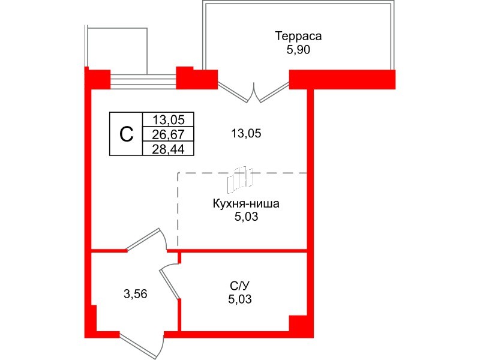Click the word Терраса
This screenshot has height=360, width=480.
click(298, 36)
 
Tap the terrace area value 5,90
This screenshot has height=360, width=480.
click(298, 50)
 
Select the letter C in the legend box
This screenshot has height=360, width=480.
click(126, 134)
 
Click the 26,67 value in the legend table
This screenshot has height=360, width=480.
click(169, 134)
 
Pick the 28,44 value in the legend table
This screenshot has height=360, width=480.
click(169, 149)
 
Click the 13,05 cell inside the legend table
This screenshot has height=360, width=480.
click(169, 119)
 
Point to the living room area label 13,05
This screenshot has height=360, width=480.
click(246, 133)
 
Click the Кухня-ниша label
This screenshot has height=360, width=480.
click(246, 204)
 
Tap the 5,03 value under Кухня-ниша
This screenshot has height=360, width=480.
click(246, 217)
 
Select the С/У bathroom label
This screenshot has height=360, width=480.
click(240, 286)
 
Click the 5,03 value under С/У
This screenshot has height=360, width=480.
click(240, 299)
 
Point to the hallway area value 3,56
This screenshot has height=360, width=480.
click(136, 294)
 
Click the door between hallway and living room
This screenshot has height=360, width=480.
click(146, 239)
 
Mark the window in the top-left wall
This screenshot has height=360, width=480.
click(143, 81)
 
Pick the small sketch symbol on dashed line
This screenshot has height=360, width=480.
click(240, 178)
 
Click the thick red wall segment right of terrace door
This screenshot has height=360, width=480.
click(342, 80)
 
